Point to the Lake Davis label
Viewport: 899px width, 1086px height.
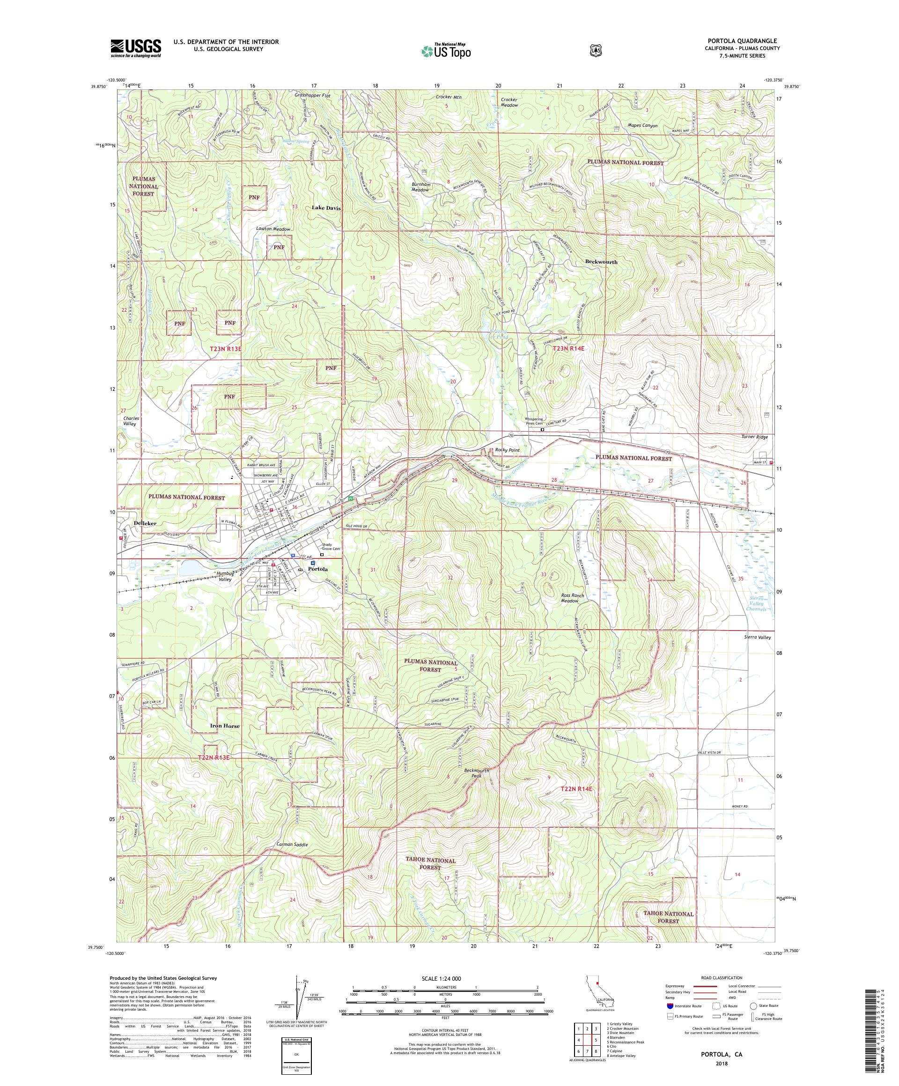click(326, 207)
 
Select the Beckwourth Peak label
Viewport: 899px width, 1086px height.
click(476, 773)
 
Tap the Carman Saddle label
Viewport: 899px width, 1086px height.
click(292, 844)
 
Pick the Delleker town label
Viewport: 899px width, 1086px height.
click(145, 523)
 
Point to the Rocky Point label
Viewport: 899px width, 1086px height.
click(507, 450)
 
